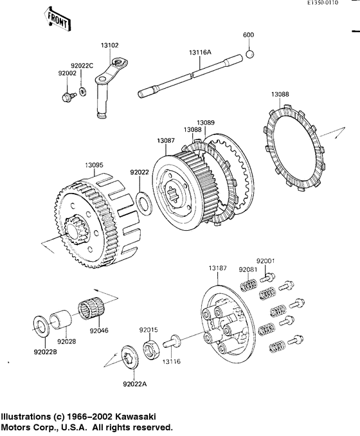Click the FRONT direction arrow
pos(58,19)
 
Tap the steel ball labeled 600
pos(249,53)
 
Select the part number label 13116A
pos(200,51)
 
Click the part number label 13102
pos(109,45)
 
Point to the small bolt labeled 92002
pos(68,97)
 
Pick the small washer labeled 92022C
pos(82,91)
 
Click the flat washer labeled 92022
pos(144,203)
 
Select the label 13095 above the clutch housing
pos(94,165)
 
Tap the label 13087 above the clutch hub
pos(166,141)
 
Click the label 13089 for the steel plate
pos(206,123)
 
